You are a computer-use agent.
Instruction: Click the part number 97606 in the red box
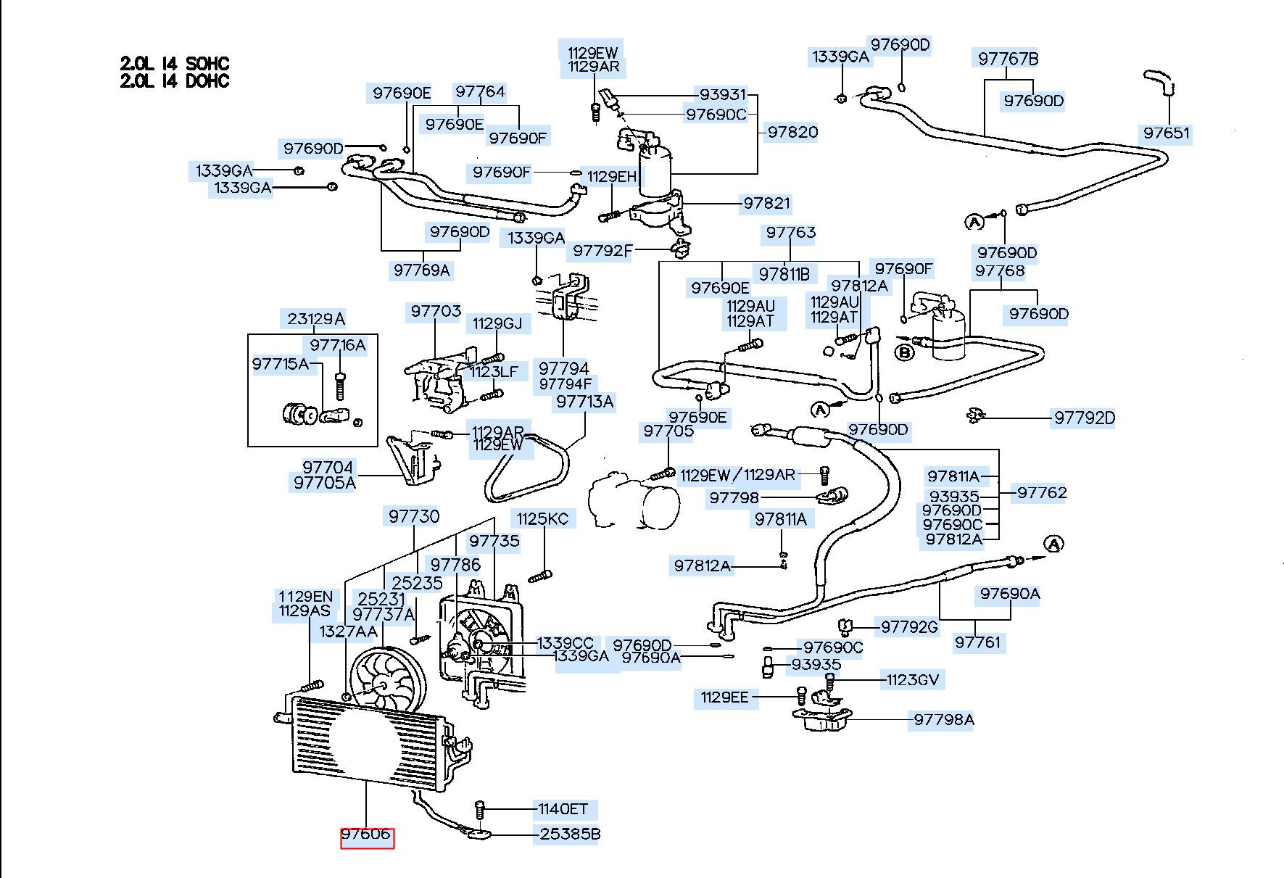367,834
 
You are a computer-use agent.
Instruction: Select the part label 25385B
570,834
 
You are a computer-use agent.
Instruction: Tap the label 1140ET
563,808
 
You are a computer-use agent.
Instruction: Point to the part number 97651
1167,133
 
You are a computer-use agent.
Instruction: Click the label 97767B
1008,59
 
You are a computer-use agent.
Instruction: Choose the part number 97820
792,132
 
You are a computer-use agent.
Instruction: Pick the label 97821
766,203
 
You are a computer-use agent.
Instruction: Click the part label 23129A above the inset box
316,318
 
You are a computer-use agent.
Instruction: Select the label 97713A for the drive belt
585,401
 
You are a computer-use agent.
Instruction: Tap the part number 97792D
1084,418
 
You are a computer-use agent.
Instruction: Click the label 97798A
943,719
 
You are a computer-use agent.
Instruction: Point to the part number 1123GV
912,679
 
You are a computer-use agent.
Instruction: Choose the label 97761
977,642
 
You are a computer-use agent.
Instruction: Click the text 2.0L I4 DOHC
175,80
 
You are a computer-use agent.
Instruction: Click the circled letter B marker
904,353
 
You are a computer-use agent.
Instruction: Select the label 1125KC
542,518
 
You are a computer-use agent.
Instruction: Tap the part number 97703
436,311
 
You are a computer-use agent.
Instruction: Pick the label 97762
1042,492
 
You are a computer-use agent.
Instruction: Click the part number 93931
723,95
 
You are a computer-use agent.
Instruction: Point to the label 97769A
422,270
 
